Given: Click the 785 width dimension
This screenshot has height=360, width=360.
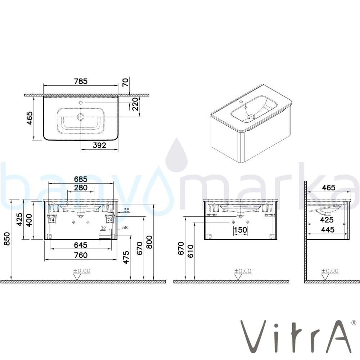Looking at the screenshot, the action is click(x=81, y=81).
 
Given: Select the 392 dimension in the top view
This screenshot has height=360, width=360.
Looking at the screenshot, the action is click(x=99, y=145).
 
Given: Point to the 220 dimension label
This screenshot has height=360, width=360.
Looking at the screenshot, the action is click(x=135, y=104).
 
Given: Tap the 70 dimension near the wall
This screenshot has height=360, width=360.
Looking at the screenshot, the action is click(x=125, y=82).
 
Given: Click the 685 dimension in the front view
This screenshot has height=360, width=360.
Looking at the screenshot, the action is click(x=81, y=179).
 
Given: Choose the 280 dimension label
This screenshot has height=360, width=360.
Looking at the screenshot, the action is click(x=81, y=188).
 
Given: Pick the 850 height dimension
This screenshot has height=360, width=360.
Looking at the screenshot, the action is click(x=7, y=239).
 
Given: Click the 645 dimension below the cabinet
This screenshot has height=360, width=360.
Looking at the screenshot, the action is click(x=81, y=245).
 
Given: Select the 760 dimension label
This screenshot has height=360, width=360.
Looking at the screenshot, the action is click(x=81, y=255).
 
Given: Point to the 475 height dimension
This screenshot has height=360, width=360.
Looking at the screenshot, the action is click(x=126, y=258).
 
